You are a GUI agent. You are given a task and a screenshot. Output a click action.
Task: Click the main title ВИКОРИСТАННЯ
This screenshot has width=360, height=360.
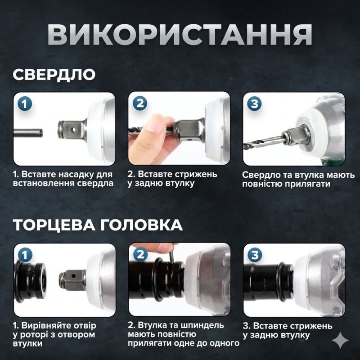pos(180,34)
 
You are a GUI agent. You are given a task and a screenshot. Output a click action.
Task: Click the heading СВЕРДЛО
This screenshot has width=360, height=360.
pos(54,74)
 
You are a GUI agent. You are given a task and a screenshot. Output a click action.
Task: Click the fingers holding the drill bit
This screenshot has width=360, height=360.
pos(151,135)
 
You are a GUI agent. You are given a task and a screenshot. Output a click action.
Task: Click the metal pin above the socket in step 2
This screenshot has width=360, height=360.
pos(171,254)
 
